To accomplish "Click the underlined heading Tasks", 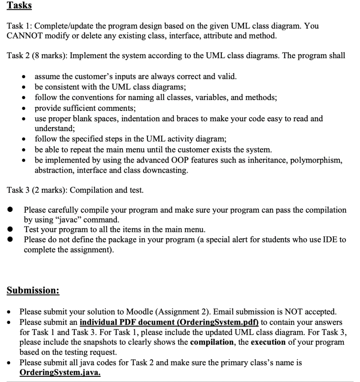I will (20, 6).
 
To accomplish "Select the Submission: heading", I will (33, 290).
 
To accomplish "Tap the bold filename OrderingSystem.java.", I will (60, 372).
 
